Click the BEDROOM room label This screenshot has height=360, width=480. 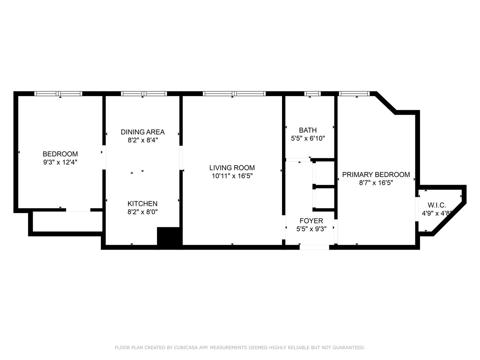point(60,154)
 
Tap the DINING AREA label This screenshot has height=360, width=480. point(143,132)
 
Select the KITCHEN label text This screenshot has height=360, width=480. point(142,203)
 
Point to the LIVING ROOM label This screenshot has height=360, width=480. point(232,168)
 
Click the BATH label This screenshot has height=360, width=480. point(308,130)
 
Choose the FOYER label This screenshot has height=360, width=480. point(311,221)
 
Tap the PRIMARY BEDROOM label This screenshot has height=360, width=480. point(376,174)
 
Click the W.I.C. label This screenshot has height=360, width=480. point(437,205)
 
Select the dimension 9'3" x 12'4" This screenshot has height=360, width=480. point(60,162)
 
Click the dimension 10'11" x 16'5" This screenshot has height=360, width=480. point(232,176)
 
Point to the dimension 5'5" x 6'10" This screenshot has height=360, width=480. point(308,138)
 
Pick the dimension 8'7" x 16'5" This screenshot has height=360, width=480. point(376,183)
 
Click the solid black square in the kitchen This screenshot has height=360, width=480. point(170,238)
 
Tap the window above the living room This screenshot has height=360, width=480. point(234,94)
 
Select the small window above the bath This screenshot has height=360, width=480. point(312,94)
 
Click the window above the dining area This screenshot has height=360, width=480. point(144,94)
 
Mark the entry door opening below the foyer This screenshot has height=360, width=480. point(314,247)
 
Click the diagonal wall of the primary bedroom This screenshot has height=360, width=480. point(386,103)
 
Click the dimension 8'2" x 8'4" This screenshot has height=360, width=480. point(143,140)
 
